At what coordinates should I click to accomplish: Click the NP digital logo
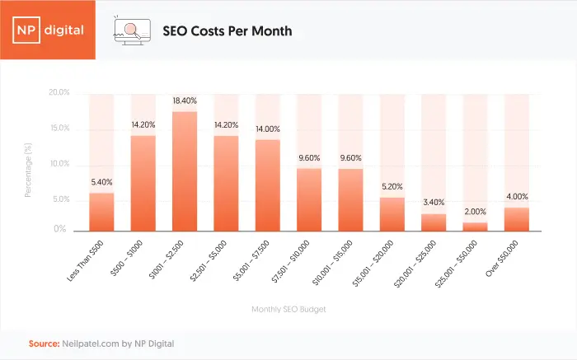[x=48, y=30]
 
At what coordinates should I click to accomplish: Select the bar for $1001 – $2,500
[x=185, y=171]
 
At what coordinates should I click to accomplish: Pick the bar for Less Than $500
[x=101, y=212]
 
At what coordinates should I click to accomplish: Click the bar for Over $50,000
[x=516, y=219]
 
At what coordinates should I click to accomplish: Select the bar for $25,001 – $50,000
[x=475, y=227]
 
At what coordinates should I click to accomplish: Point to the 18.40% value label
[x=185, y=101]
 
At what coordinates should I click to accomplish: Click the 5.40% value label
[x=101, y=182]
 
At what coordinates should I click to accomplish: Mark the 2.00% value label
[x=475, y=212]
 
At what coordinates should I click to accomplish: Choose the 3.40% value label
[x=434, y=203]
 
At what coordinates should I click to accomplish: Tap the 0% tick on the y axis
[x=62, y=230]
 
